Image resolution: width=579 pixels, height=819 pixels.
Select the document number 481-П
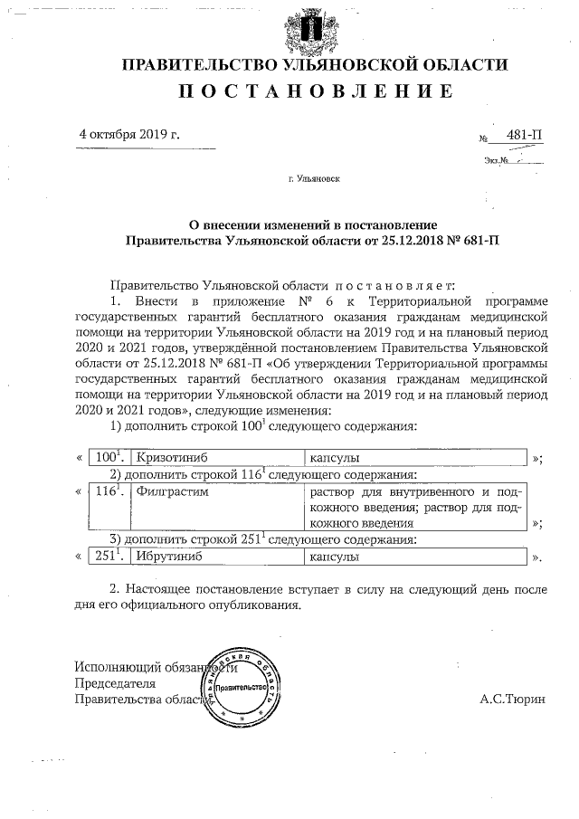click(x=525, y=136)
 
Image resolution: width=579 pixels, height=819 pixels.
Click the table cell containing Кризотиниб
click(x=215, y=457)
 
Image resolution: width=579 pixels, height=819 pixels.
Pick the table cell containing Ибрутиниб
click(x=215, y=557)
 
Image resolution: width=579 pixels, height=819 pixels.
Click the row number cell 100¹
click(x=111, y=457)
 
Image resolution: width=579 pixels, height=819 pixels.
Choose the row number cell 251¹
click(x=111, y=557)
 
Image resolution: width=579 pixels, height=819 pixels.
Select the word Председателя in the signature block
click(x=115, y=683)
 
